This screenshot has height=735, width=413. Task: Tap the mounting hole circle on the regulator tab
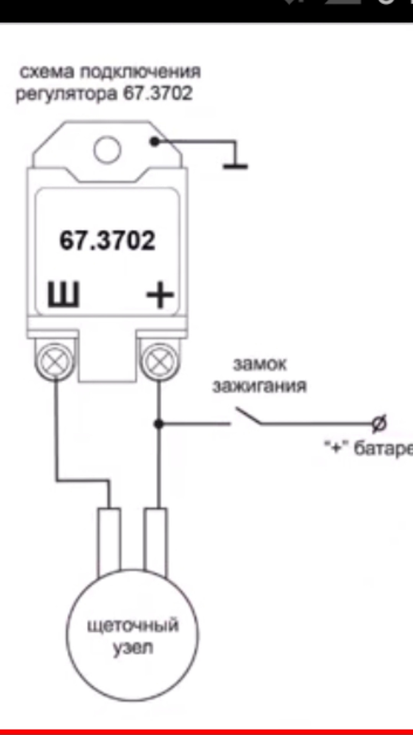coord(107,150)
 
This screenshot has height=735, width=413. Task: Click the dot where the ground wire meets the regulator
coord(154,142)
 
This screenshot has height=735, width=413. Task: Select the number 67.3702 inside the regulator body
coord(107,240)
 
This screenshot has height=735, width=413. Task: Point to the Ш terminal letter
coord(63,295)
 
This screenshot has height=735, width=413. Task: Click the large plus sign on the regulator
coord(160,295)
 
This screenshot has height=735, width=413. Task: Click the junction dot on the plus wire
coord(159,424)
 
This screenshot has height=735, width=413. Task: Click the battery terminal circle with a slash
coord(379,423)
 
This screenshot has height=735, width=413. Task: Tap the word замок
coord(260,364)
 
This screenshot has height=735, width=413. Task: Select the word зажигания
coord(260,386)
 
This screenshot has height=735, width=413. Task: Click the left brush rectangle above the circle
coord(109,542)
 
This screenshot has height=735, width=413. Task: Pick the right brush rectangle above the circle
coord(155,542)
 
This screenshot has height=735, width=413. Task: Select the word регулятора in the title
coord(66,94)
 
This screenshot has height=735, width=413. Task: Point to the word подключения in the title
coord(140,72)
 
